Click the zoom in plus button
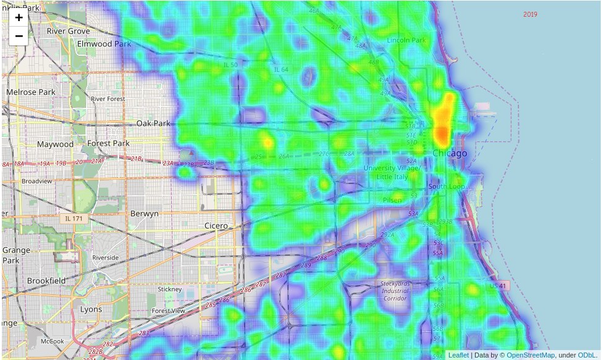click(19, 17)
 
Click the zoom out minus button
click(19, 36)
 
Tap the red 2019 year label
click(530, 14)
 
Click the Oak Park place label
click(154, 123)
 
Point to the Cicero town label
click(216, 226)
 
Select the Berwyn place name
click(144, 213)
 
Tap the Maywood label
click(55, 144)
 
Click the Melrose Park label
click(31, 92)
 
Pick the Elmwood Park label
click(104, 44)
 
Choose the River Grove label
click(68, 31)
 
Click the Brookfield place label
click(46, 281)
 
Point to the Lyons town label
click(91, 309)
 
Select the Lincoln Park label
click(406, 40)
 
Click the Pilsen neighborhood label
click(392, 200)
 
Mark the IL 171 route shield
click(73, 219)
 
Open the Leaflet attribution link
click(458, 355)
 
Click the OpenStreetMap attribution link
click(530, 355)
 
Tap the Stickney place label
click(170, 289)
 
